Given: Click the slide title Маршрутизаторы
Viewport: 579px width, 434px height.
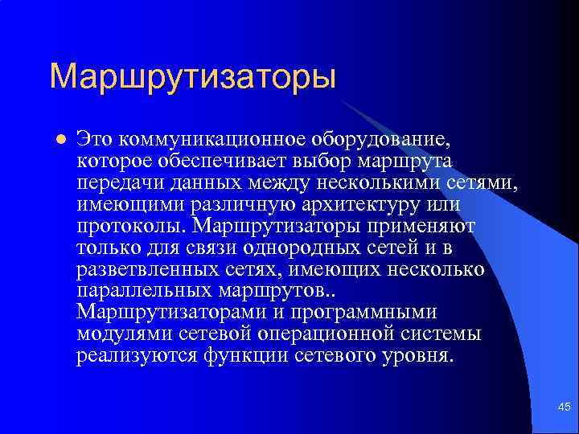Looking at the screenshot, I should point(192,77).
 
